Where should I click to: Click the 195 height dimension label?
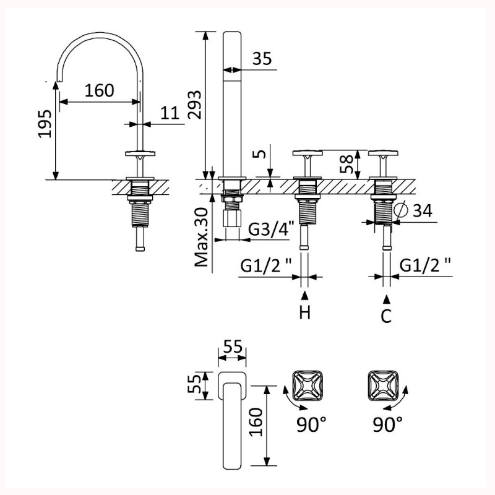point(45,124)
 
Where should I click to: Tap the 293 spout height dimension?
point(194,105)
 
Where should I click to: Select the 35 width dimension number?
point(262,58)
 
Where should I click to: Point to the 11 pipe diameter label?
point(170,113)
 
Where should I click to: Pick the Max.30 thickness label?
point(202,237)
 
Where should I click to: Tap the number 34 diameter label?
point(423,210)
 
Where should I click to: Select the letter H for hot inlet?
point(305,312)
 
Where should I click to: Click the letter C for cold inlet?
point(386,316)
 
